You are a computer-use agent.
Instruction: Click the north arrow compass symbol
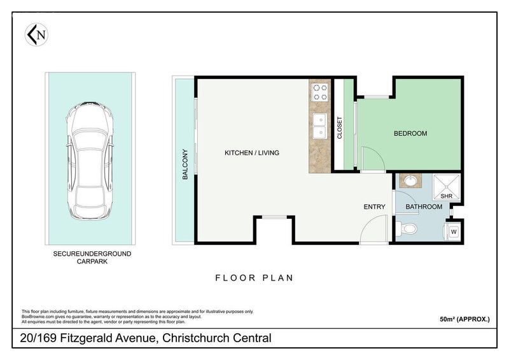tap(36, 34)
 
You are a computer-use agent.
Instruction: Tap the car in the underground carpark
tap(90, 160)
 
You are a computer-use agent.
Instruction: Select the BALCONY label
tap(185, 164)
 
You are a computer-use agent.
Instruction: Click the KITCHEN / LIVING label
tap(252, 153)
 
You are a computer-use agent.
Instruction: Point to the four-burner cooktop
tap(320, 92)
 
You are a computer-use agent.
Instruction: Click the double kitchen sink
tap(320, 126)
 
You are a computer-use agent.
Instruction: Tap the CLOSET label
tap(340, 128)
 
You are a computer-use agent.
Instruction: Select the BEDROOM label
tap(410, 134)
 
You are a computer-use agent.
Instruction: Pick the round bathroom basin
tap(410, 181)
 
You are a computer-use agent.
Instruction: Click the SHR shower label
tap(447, 196)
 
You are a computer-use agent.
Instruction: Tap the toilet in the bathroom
tap(406, 229)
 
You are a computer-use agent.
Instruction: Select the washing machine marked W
tap(454, 232)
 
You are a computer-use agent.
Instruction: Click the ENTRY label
tap(374, 207)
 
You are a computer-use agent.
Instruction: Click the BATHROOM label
tap(424, 207)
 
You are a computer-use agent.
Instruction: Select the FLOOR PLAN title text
tap(254, 278)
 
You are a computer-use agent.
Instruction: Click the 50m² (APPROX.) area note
tap(464, 319)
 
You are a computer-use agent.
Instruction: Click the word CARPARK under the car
tap(92, 261)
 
